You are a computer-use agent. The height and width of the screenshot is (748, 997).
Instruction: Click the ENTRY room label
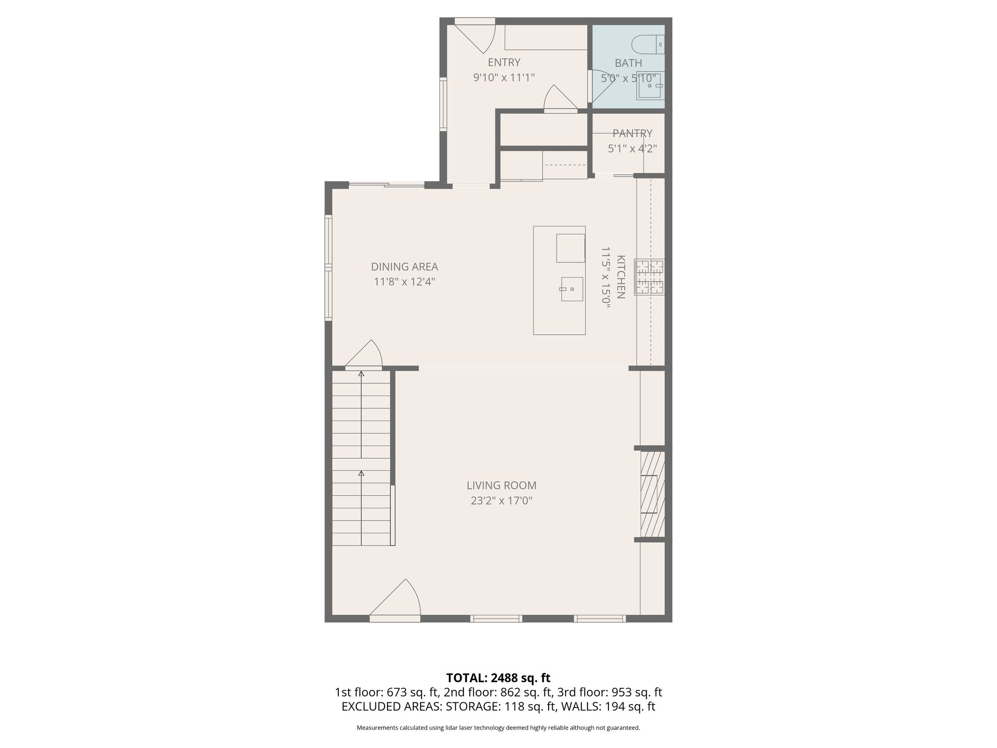[504, 62]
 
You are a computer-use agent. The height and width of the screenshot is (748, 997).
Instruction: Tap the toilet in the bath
[647, 44]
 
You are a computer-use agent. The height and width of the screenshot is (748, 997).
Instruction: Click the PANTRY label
[632, 133]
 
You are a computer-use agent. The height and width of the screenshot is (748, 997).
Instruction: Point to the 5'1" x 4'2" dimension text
[632, 149]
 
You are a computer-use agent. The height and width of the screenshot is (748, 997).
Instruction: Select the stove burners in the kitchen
[649, 277]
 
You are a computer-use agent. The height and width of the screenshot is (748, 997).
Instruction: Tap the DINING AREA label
[404, 267]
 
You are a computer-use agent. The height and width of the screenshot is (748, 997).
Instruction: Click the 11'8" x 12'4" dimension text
[404, 282]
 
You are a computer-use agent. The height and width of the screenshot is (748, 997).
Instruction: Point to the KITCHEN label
[621, 277]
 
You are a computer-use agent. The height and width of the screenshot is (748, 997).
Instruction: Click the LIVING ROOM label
[501, 486]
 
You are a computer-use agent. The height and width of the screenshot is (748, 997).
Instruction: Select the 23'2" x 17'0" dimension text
[501, 501]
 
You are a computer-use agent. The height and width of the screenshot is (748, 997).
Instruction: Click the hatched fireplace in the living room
[652, 494]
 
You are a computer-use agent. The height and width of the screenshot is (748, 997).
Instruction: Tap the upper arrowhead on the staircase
[361, 374]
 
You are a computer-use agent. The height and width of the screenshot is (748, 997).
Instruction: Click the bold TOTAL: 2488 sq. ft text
[498, 678]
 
